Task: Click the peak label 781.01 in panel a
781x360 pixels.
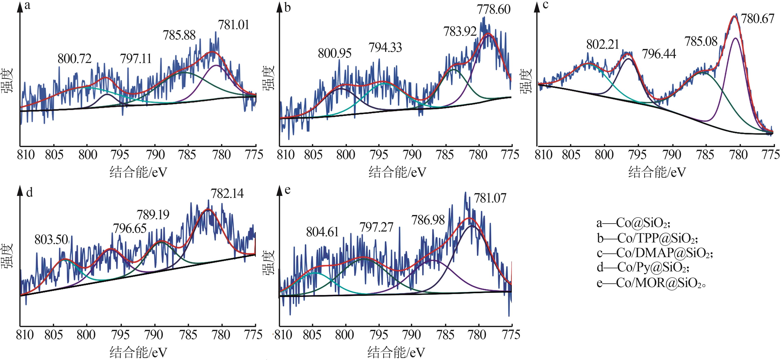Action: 233,25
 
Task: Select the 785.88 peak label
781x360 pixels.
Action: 179,36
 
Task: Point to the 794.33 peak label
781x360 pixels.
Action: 385,48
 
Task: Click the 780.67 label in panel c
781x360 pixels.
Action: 757,19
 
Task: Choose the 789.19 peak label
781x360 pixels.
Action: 153,215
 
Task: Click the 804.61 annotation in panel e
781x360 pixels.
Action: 322,232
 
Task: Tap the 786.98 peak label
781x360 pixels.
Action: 428,220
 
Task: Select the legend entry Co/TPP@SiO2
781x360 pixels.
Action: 647,239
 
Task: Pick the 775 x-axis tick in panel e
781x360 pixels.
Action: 511,335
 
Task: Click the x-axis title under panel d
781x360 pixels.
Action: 138,352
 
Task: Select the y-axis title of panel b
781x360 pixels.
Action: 268,78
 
